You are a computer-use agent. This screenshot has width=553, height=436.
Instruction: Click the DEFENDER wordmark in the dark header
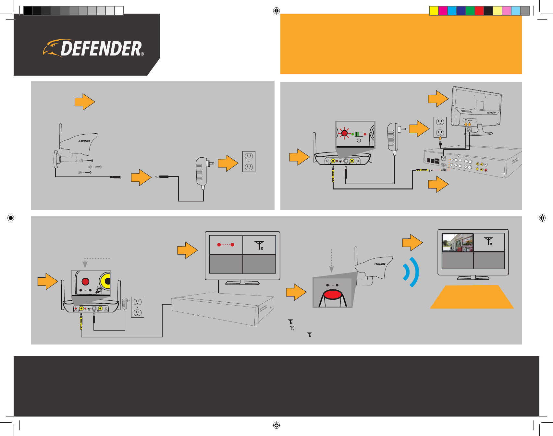tap(101, 49)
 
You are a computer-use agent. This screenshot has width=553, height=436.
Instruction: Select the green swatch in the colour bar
tap(470, 11)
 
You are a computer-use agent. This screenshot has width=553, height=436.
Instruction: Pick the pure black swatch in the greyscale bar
tap(28, 11)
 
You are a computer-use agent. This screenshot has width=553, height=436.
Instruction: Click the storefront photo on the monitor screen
tap(458, 243)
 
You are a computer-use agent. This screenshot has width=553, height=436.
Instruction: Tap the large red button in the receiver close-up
tap(85, 281)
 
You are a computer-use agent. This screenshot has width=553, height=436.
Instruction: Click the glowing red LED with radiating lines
tap(344, 133)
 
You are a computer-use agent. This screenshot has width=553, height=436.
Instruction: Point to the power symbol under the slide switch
tap(359, 140)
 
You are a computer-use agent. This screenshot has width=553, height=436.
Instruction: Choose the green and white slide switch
tap(359, 134)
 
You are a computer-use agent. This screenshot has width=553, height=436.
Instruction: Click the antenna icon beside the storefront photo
tap(488, 242)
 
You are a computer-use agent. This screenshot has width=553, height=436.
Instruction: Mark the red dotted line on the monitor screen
tap(226, 245)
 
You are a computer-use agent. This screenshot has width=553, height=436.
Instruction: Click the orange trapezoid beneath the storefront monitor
tap(472, 297)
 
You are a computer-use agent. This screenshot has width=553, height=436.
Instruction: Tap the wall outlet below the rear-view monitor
tap(440, 127)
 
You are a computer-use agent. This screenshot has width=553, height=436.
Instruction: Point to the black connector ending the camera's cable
tap(116, 177)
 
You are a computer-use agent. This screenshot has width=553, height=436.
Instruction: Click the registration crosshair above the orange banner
tap(276, 11)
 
